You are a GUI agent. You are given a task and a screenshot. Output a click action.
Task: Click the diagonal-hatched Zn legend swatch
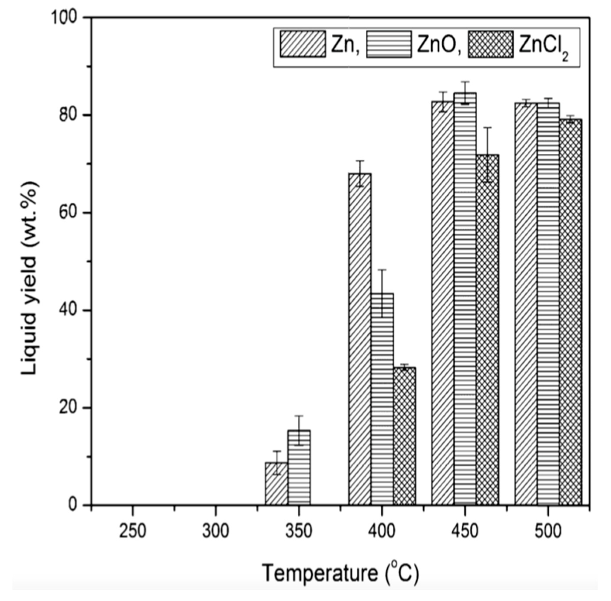[302, 44]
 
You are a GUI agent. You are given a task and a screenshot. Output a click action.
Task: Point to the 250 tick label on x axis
[132, 531]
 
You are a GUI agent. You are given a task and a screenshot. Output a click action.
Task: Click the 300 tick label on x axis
[216, 531]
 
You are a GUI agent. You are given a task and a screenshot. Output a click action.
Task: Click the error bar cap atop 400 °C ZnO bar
[382, 270]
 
